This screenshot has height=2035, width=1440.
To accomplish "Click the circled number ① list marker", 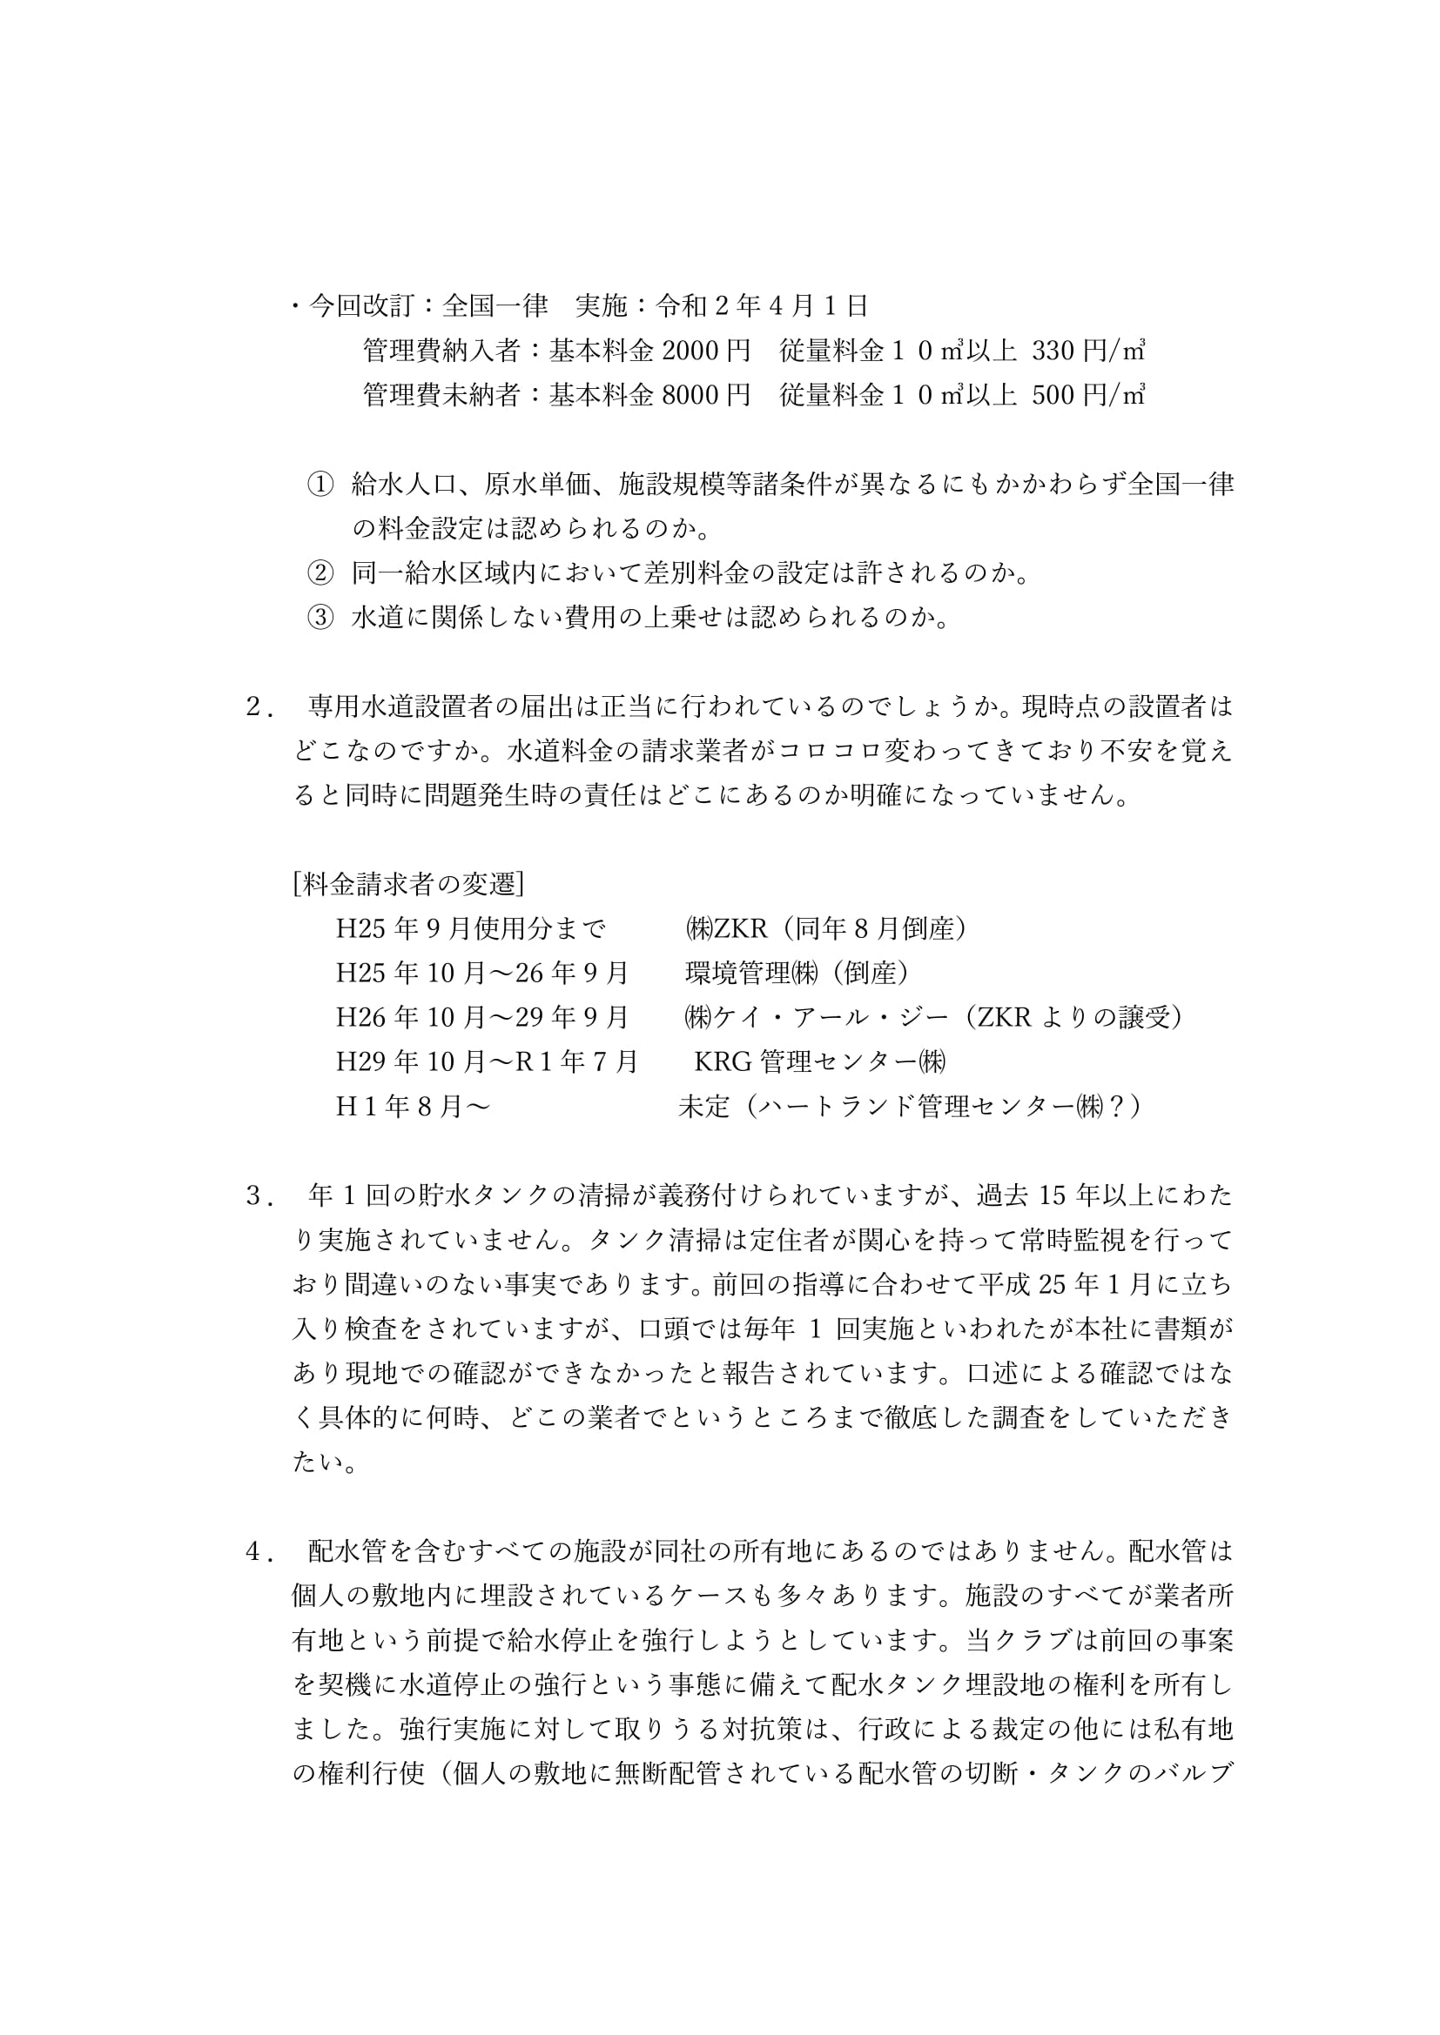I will click(320, 484).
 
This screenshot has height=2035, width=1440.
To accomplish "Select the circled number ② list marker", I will click(320, 572).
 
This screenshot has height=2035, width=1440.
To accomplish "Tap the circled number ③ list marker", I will click(320, 617).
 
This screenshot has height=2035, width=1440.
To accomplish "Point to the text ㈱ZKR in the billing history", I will click(726, 928).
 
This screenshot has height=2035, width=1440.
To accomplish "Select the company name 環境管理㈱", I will click(752, 973).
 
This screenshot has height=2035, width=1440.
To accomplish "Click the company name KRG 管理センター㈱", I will click(820, 1061).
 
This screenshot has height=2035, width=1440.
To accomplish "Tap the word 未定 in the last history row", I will click(704, 1106).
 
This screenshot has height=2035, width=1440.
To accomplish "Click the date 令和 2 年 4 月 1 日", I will click(762, 305).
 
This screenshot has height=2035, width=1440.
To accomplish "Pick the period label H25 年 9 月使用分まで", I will click(471, 928).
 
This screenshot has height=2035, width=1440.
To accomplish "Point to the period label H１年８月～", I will click(414, 1106).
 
